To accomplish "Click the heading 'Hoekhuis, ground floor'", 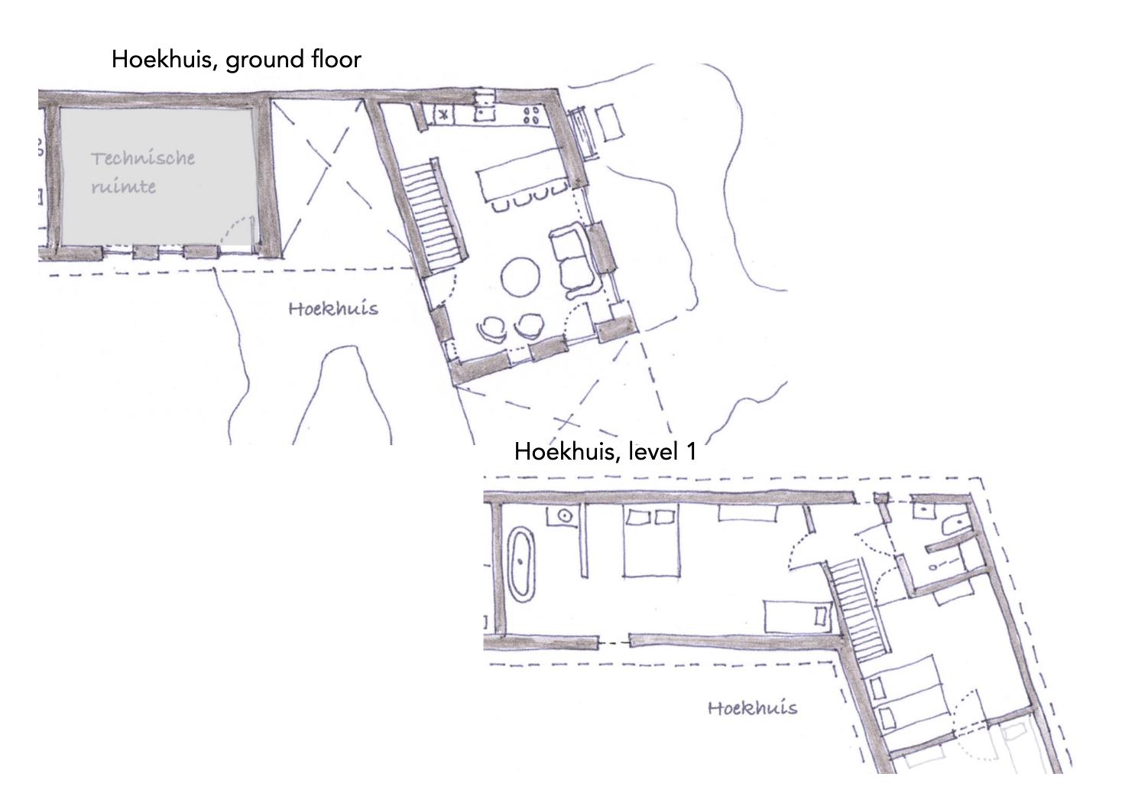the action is (236, 60).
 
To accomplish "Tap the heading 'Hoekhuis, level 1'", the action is (605, 451).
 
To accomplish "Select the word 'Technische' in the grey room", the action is (143, 158).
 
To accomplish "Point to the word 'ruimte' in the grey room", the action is (124, 187).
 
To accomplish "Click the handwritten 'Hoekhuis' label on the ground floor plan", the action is (333, 309).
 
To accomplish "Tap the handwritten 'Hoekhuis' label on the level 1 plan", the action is (752, 707).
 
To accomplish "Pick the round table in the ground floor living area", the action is (520, 277).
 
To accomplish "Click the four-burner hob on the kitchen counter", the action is (531, 115).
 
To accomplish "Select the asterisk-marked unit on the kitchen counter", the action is (443, 115).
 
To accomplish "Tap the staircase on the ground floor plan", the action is (433, 216).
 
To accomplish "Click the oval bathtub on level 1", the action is (521, 563).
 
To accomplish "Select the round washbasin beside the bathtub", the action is (565, 516).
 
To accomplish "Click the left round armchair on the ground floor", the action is (492, 329).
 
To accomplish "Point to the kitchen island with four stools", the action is (522, 179).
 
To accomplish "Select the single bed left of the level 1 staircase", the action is (797, 616).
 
